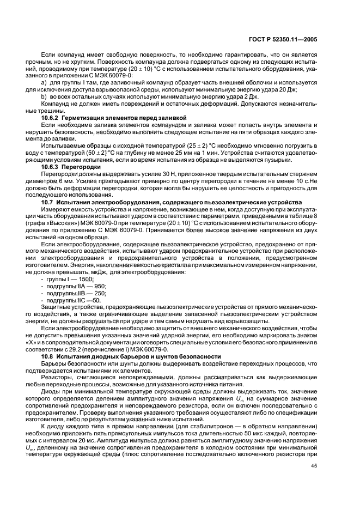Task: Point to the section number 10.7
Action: click(49, 202)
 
